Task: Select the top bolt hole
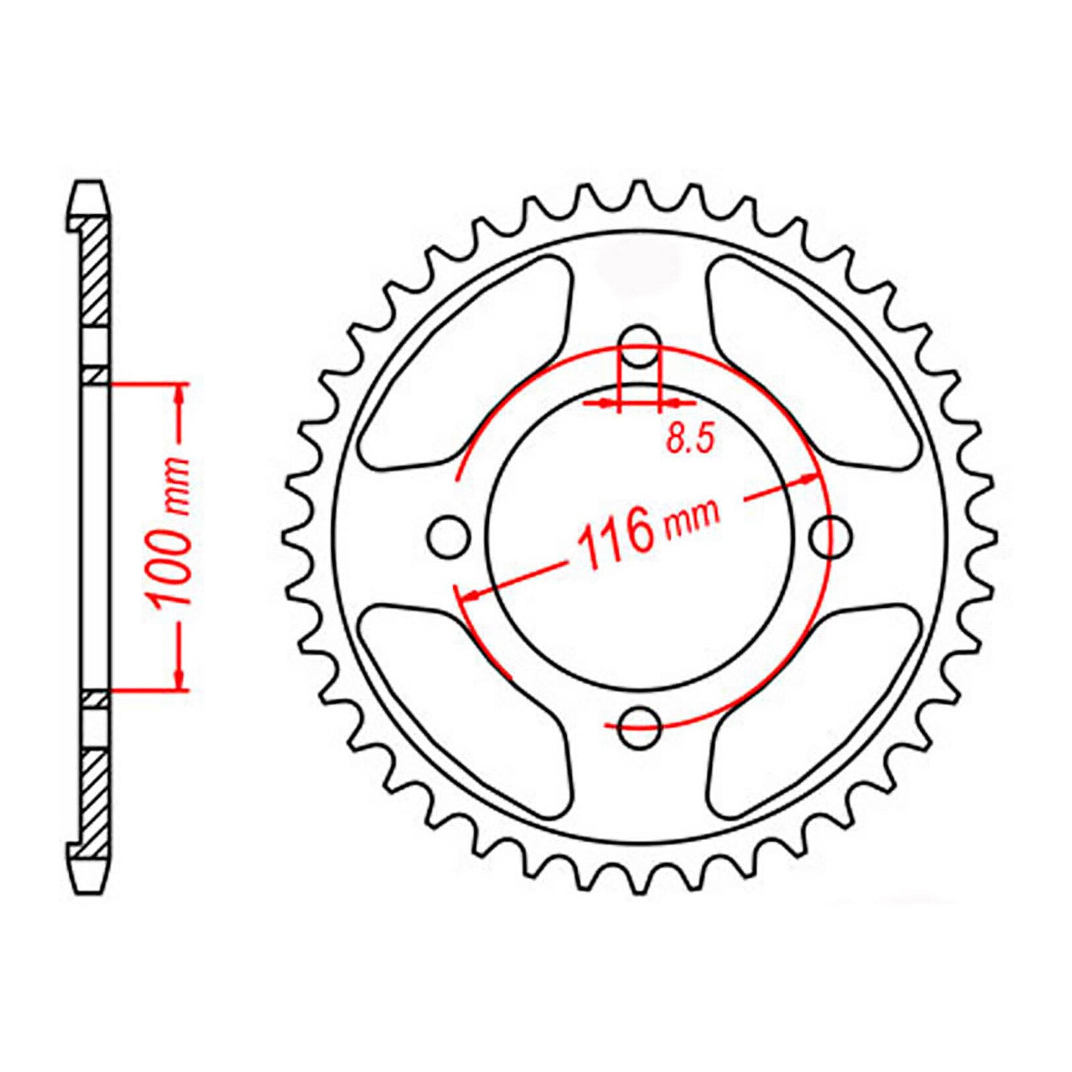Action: (x=641, y=346)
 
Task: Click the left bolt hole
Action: (x=448, y=537)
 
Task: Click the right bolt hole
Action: (x=831, y=536)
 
